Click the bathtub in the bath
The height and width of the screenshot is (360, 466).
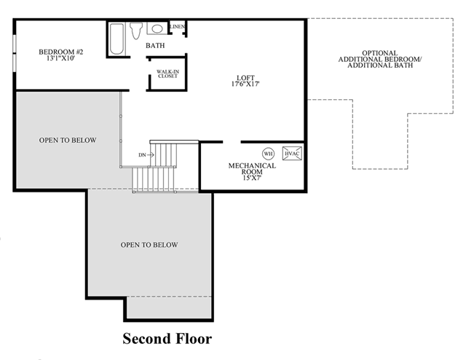point(116,39)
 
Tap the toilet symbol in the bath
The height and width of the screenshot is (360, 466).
point(136,31)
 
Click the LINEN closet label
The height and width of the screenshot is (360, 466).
point(178,26)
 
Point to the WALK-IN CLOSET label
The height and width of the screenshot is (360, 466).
point(168,74)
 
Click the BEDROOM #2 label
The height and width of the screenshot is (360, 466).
point(61,52)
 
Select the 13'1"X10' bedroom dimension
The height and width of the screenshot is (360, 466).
point(60,58)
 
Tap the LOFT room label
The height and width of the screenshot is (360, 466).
point(245,78)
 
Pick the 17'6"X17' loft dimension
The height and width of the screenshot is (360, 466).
point(245,85)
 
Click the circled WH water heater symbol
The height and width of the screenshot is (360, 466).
point(268,154)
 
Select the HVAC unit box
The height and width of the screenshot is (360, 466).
point(292,154)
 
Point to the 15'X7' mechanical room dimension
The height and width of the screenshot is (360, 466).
point(252,179)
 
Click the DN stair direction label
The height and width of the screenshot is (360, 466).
point(142,155)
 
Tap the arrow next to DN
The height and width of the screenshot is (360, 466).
point(151,154)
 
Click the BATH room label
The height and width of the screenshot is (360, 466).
point(155,45)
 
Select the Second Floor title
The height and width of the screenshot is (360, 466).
point(167,339)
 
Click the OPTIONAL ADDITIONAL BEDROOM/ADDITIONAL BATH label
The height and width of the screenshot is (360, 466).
point(380,59)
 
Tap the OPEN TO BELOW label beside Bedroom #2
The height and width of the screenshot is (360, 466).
point(68,140)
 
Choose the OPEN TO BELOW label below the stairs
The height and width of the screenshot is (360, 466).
point(149,245)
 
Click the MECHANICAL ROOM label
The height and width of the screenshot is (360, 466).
point(252,168)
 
